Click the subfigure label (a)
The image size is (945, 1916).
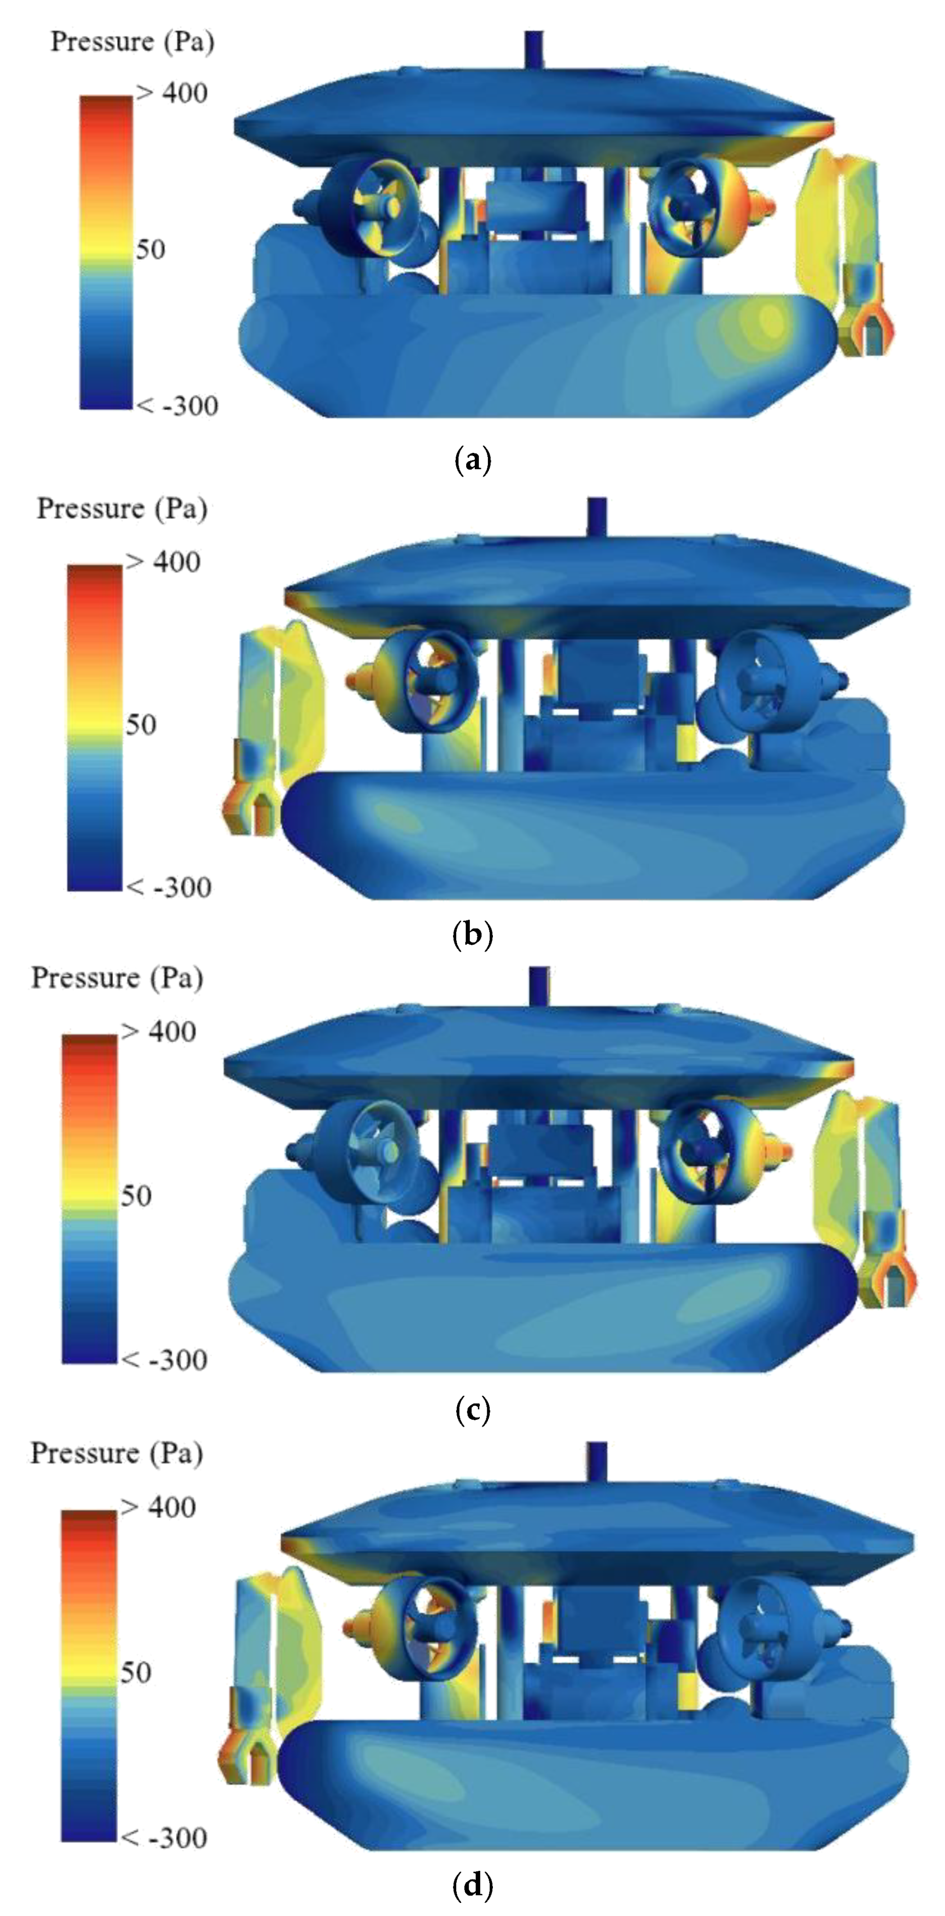click(472, 461)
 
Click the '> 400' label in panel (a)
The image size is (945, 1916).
click(172, 93)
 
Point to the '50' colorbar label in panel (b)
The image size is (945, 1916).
click(141, 724)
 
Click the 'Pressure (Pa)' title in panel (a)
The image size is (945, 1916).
click(133, 42)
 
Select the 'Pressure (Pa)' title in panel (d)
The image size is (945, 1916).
click(117, 1452)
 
